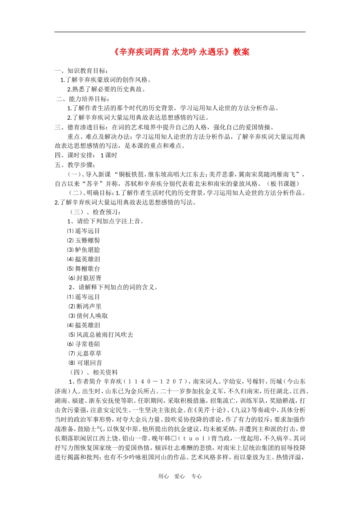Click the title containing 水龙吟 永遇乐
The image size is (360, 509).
coord(181,52)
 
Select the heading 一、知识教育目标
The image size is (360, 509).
coord(81,70)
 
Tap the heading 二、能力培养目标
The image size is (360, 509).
coord(83,99)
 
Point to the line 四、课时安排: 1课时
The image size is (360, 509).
coord(86,155)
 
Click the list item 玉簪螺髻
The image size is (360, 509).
coord(88,240)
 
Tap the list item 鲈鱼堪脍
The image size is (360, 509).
coord(88,250)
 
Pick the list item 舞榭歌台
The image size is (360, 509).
coord(88,269)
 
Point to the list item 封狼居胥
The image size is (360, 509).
coord(89,278)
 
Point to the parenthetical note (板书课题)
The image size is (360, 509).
coord(284,184)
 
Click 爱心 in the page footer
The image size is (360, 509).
coord(180,476)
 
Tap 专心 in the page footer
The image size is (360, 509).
coord(197,476)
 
